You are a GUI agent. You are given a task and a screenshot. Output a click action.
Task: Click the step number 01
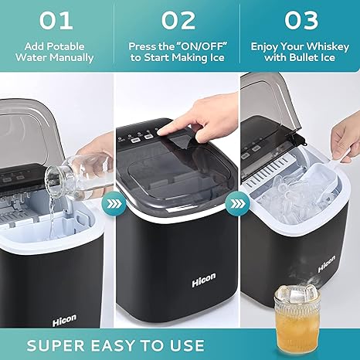(x=56, y=20)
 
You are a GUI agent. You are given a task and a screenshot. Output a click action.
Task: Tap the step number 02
(x=178, y=20)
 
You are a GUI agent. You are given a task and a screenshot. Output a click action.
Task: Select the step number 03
(x=301, y=20)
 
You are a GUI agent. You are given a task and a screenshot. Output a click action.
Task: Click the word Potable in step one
(x=66, y=46)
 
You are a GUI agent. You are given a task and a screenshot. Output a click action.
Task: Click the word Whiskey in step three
(x=328, y=47)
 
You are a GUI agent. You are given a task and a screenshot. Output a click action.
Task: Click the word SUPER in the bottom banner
(x=56, y=345)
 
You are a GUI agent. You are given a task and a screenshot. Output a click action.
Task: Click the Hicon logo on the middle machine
(x=204, y=280)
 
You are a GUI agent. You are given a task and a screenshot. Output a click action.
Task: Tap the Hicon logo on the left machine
(x=64, y=320)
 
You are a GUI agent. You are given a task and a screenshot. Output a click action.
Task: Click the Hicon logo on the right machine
(x=327, y=263)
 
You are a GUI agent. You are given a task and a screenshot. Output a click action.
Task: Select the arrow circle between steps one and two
(x=114, y=204)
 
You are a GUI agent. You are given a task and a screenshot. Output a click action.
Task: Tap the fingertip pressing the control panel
(x=161, y=132)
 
